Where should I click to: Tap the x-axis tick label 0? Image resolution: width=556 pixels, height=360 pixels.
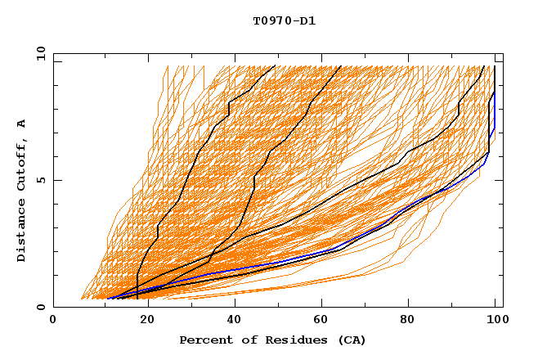53,321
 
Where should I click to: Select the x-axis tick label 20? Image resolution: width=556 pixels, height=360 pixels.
142,321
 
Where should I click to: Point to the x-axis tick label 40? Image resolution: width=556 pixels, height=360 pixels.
231,321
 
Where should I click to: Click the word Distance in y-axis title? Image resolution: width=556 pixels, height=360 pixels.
22,231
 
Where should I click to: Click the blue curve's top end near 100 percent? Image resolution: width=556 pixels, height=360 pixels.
495,92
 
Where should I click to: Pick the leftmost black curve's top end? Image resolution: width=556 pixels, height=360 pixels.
275,66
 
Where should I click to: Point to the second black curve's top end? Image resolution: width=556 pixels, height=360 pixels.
340,66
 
